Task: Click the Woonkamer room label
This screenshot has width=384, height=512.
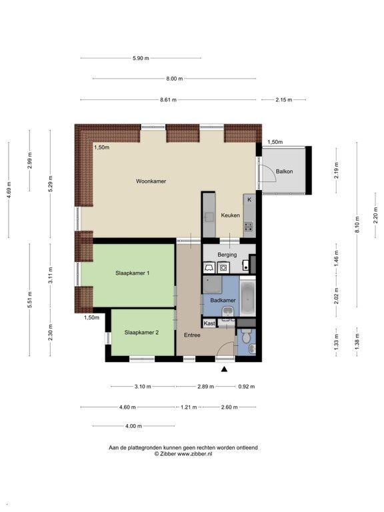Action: [x=151, y=181]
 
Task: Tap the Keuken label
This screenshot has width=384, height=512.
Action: [x=230, y=215]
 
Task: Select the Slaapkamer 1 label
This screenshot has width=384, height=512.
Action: [x=132, y=273]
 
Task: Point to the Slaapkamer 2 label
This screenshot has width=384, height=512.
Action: [x=141, y=333]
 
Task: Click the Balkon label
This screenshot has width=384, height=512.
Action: [x=284, y=171]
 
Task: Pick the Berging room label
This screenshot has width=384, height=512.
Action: [x=227, y=255]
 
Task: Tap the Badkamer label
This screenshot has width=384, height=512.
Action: [x=223, y=300]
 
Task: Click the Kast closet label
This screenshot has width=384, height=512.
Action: [x=209, y=323]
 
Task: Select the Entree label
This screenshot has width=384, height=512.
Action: [x=192, y=335]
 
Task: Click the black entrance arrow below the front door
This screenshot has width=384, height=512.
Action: [x=224, y=369]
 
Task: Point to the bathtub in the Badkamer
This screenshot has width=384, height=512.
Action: [x=247, y=297]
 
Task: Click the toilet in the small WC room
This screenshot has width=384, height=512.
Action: [x=247, y=335]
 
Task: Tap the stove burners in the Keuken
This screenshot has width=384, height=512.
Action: [x=249, y=226]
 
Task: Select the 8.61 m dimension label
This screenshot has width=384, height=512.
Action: [x=168, y=99]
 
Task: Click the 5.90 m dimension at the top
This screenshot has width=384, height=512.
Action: [x=141, y=58]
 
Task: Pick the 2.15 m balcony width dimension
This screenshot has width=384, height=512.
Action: [x=284, y=99]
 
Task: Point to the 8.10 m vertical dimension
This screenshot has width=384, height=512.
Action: [x=357, y=225]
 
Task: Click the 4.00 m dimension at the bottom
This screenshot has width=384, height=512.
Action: [x=133, y=426]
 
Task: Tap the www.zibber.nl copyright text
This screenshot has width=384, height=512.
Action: [x=195, y=453]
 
